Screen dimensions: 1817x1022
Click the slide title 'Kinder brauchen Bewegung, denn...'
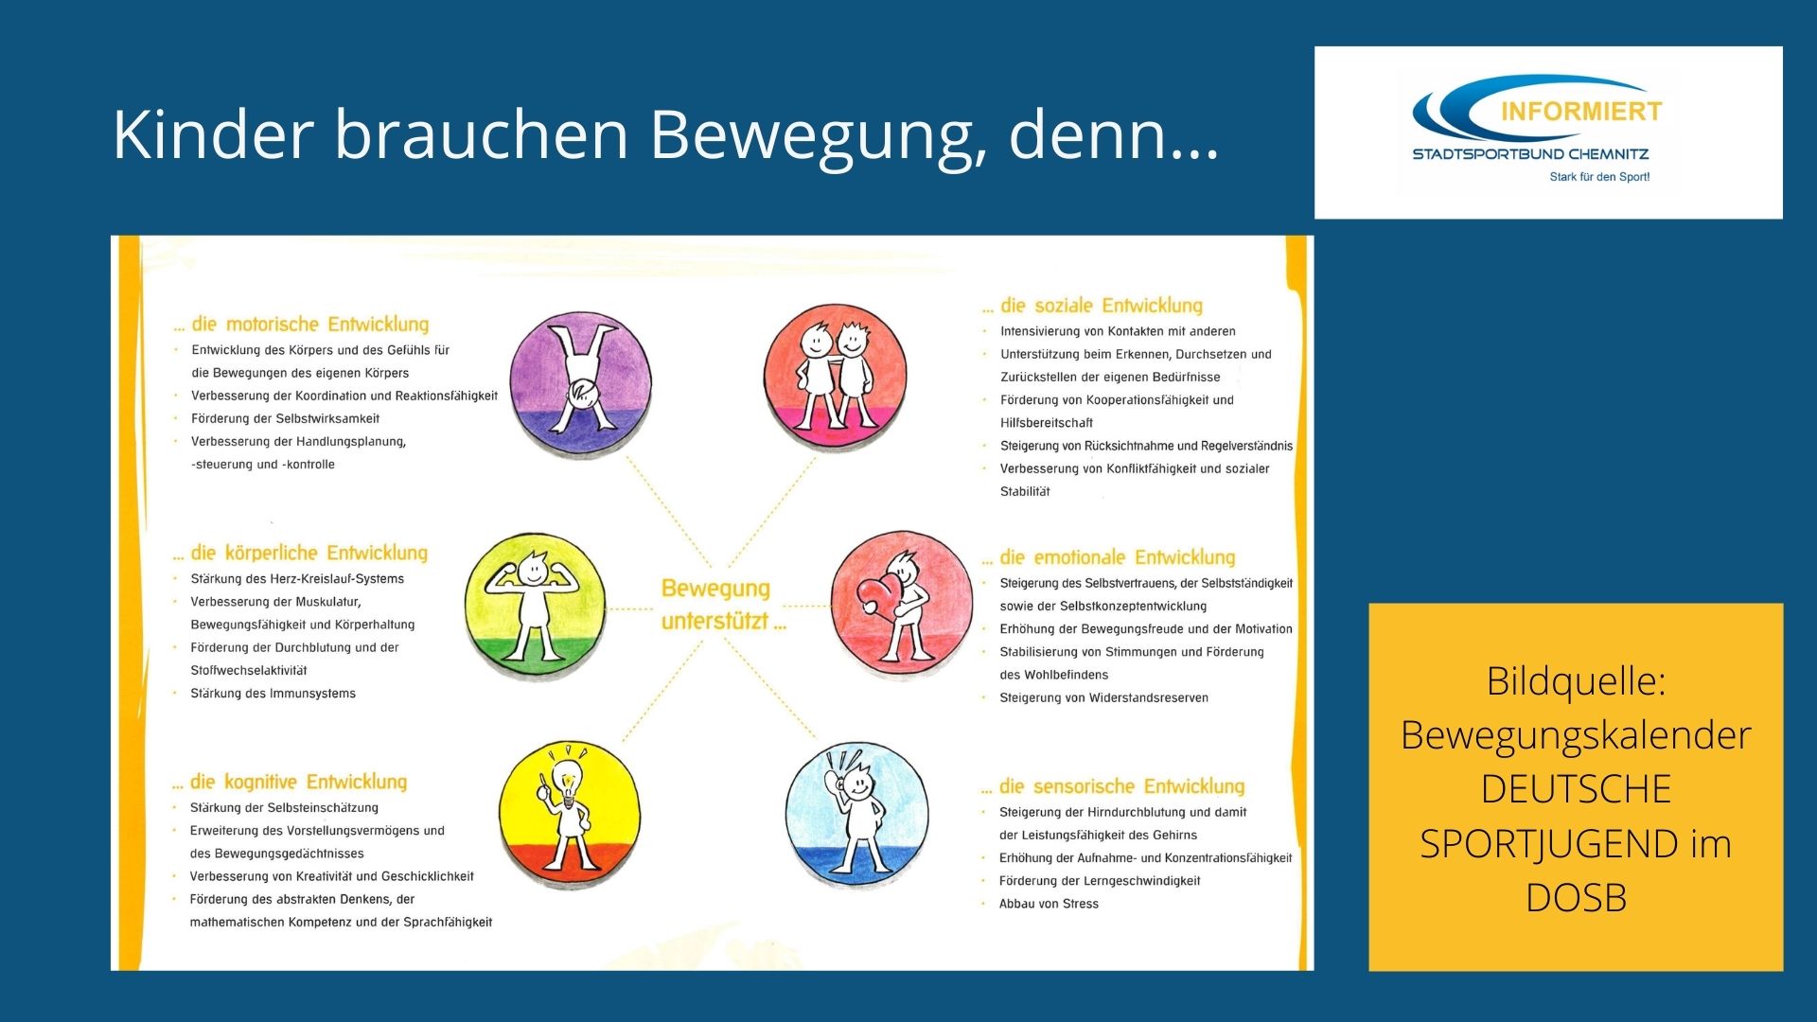666,135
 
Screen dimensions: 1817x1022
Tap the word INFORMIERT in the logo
1581,112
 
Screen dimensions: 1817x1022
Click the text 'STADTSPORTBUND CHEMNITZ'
1530,154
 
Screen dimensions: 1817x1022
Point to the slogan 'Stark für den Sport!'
1599,177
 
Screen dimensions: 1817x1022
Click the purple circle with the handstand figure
580,381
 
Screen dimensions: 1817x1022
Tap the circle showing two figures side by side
835,377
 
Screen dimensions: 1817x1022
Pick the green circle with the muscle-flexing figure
535,606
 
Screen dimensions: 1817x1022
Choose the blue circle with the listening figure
856,815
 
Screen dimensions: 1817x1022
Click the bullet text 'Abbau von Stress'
1049,905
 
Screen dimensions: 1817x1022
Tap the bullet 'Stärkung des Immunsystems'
273,694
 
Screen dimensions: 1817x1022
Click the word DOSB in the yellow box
1576,898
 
